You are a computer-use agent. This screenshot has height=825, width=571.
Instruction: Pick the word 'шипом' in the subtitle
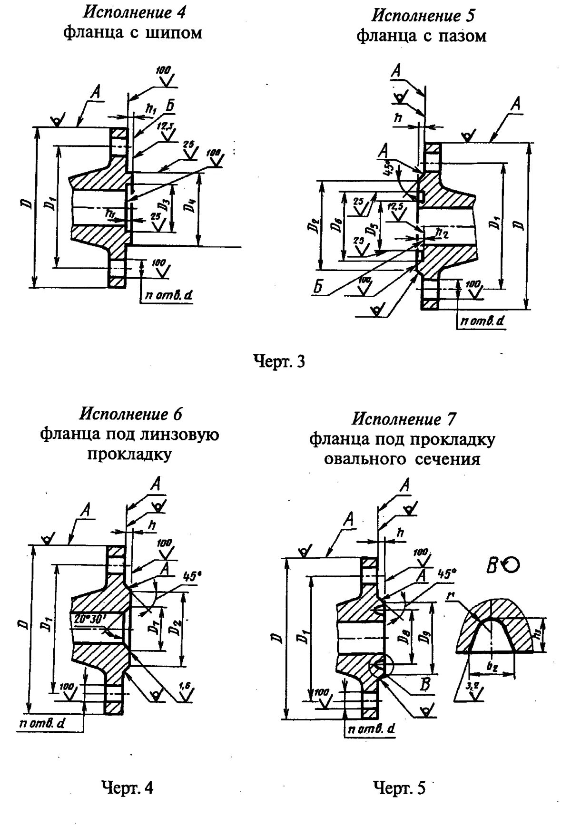(177, 33)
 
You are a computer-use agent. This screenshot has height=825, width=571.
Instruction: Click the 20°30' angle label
(90, 618)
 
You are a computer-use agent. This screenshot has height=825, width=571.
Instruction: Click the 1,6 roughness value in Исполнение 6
(186, 686)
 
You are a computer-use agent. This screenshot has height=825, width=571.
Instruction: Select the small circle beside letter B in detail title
(512, 564)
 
